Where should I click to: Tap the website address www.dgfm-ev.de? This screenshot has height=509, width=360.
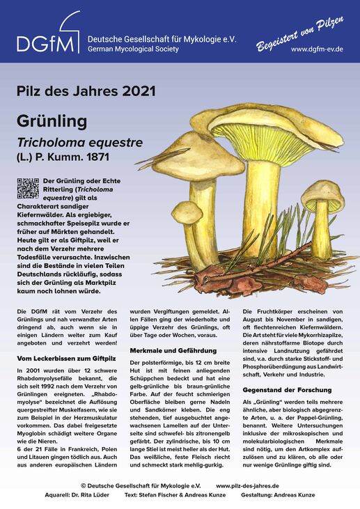point(317,49)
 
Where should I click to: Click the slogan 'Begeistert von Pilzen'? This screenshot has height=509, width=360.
point(300,32)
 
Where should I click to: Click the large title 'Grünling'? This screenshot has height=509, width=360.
point(52,121)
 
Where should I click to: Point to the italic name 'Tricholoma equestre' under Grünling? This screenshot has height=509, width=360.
point(79,143)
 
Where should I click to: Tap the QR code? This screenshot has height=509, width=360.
point(28,189)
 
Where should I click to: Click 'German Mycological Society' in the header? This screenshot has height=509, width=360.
point(133,49)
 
